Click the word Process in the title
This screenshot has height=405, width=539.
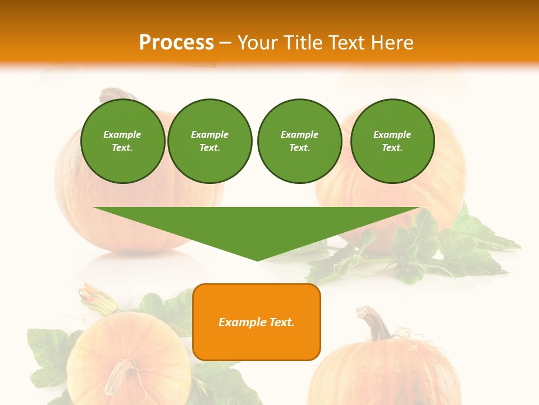click(176, 43)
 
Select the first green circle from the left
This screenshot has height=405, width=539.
click(122, 141)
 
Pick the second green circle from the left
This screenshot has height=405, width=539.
click(210, 141)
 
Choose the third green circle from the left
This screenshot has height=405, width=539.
click(299, 141)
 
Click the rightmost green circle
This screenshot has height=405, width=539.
click(392, 141)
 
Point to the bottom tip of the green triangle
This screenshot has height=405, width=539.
click(257, 260)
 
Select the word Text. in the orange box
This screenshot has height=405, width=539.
click(281, 322)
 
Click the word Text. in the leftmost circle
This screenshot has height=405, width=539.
click(122, 147)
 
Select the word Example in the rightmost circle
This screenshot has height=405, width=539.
click(392, 134)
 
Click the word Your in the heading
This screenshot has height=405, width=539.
click(258, 43)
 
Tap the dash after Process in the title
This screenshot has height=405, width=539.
click(226, 43)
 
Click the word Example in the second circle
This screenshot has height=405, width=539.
click(210, 134)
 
